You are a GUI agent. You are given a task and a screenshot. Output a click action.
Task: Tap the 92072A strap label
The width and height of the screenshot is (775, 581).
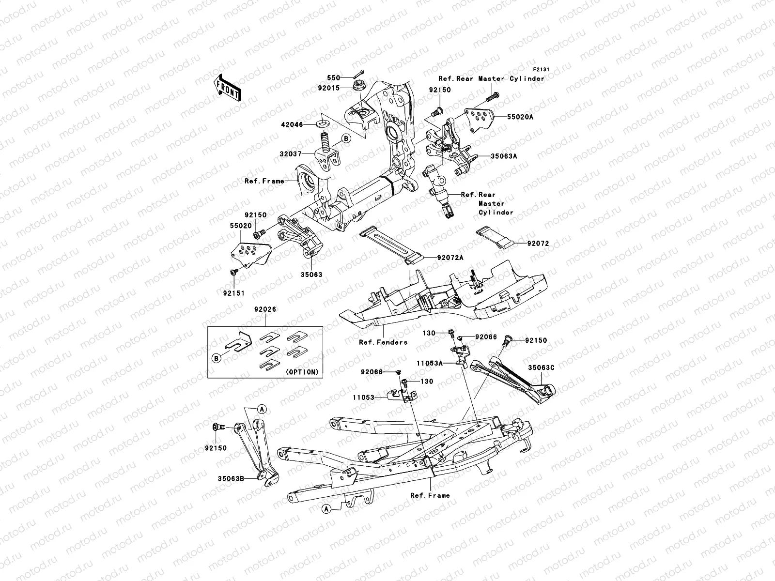click(x=451, y=258)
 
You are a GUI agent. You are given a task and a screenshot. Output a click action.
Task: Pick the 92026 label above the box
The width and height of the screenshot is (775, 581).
click(x=264, y=309)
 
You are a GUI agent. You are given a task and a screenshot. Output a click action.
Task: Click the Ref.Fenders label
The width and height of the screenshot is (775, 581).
click(x=383, y=342)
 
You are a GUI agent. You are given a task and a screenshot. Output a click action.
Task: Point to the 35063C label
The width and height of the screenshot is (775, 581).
click(x=541, y=367)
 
